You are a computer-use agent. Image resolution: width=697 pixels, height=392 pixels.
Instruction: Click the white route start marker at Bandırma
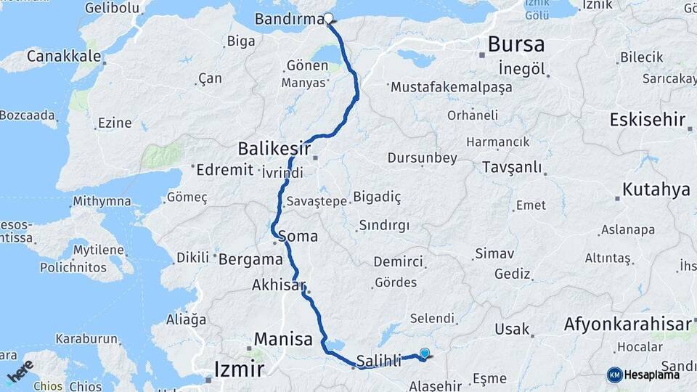point(328,20)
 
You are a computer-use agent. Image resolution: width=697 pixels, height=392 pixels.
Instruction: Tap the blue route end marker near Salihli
point(425,354)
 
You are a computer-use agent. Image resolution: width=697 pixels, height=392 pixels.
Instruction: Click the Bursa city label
point(515,45)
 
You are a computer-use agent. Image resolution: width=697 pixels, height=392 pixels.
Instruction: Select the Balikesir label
point(274,150)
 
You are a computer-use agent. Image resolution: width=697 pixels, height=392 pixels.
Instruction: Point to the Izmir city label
point(239,369)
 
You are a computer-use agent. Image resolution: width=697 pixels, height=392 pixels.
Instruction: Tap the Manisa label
point(283,339)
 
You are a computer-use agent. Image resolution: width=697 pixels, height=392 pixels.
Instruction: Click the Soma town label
point(298,236)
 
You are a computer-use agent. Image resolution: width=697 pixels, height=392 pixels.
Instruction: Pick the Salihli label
point(379,361)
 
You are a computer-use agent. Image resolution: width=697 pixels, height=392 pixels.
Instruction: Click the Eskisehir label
point(648,119)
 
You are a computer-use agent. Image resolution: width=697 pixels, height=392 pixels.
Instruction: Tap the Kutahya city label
point(656,191)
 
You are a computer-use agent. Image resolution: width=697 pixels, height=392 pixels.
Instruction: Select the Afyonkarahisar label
point(626,324)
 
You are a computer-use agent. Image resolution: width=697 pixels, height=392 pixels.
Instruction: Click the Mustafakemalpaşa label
point(451,87)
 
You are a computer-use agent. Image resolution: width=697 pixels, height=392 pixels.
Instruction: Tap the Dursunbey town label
point(423,158)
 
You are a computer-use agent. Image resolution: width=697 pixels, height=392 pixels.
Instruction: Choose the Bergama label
point(250,259)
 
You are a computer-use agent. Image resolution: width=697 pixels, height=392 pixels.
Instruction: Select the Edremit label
point(225,170)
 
